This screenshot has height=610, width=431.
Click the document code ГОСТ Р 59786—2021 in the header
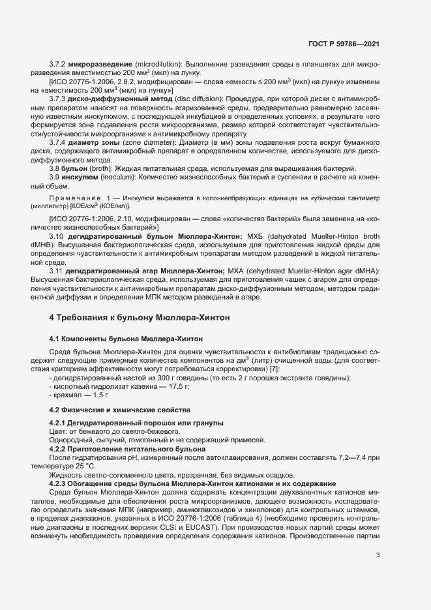pos(344,44)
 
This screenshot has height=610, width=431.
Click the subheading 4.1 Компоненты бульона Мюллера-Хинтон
pos(126,339)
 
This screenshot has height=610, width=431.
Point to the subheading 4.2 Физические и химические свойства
pos(121,410)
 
